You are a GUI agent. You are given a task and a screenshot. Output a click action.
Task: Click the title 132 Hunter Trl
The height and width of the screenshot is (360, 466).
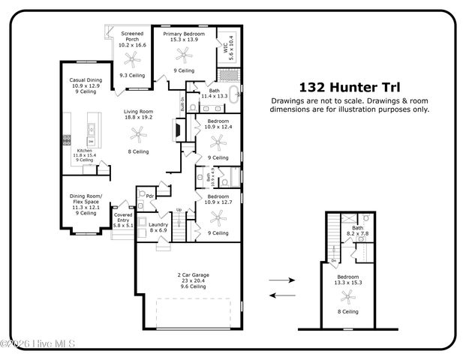349,87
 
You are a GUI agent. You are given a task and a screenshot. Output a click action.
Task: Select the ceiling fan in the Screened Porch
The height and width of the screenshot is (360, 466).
134,57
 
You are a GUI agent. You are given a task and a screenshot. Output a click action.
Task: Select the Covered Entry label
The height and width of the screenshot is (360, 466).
123,217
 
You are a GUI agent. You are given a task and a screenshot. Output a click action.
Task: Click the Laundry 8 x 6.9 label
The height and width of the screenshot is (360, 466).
158,227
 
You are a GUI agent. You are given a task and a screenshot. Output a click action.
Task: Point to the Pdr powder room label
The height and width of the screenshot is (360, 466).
149,196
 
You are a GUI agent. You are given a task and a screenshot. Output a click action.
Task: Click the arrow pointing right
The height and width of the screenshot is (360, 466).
281,280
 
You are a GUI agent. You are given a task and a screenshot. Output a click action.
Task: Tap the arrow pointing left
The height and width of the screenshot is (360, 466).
281,295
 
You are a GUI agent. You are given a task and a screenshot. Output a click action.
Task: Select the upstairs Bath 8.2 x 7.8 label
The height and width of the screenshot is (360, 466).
357,232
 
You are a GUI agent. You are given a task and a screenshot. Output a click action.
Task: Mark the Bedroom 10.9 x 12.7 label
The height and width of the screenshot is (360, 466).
218,199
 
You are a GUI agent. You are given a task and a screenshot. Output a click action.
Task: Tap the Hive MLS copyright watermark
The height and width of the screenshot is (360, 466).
29,343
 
